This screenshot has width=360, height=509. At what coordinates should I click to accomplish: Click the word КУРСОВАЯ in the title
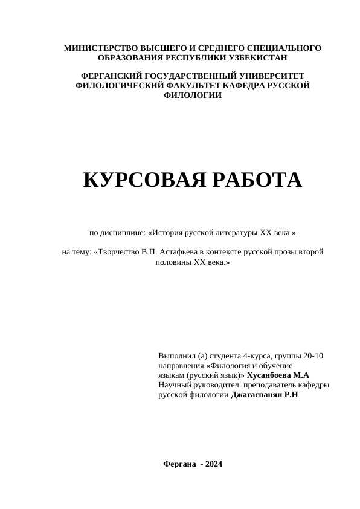click(x=137, y=180)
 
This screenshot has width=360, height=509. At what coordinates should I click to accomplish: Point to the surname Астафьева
click(x=187, y=252)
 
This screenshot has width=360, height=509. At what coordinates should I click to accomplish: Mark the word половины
click(x=174, y=263)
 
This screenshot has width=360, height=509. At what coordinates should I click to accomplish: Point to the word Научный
click(x=174, y=385)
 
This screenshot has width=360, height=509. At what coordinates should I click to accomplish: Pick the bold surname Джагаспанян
click(x=259, y=395)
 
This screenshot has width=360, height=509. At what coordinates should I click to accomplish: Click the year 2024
click(x=214, y=464)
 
